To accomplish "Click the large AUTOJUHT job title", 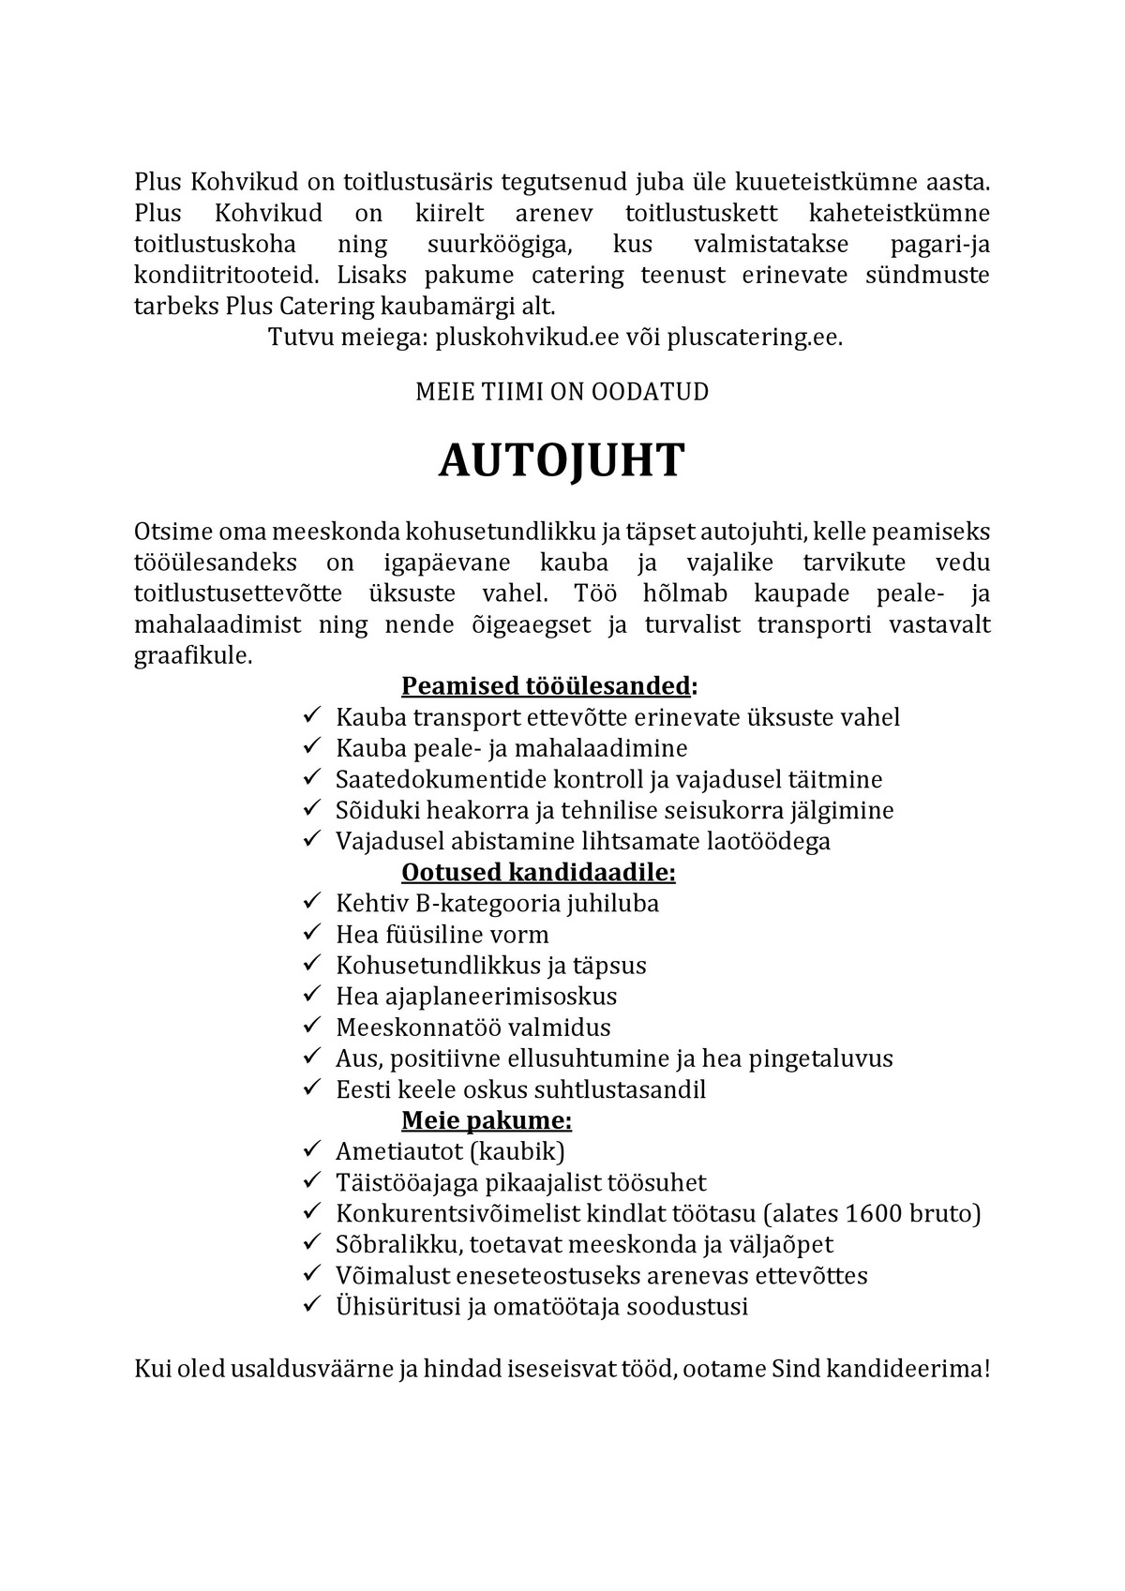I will point(562,461).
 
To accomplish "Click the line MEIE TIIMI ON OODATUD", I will point(562,392).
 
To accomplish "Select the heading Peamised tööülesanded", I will point(547,686).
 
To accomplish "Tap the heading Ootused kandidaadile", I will point(538,873).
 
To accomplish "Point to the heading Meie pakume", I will point(486,1120).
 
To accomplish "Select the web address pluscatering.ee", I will point(754,338).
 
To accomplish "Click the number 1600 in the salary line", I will point(873,1214).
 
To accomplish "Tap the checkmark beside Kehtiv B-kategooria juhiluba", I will point(312,902).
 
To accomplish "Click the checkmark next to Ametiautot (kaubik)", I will point(312,1150).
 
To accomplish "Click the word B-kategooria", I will point(464,904).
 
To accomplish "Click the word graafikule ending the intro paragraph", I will point(193,655).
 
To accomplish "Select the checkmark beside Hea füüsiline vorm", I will point(312,933).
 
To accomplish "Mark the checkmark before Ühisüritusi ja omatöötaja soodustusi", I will point(312,1305).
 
